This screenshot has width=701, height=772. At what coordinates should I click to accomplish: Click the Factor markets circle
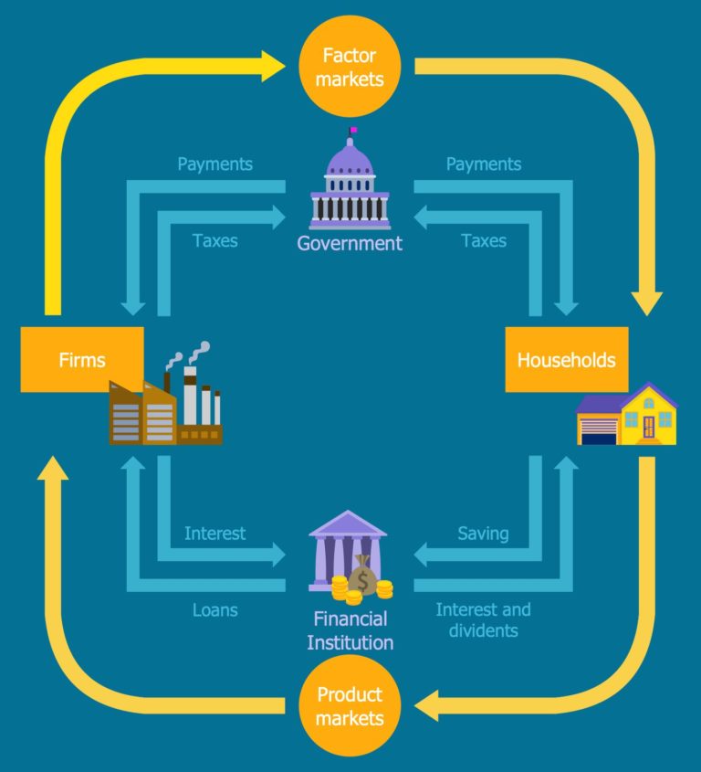350,67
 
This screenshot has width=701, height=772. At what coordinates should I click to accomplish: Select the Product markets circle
350,705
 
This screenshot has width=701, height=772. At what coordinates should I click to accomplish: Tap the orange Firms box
81,359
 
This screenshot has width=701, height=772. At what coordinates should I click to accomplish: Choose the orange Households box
566,359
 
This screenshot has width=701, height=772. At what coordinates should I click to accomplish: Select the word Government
350,243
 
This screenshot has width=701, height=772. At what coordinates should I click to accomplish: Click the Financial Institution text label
350,630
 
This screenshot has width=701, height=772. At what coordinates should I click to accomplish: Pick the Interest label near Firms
214,534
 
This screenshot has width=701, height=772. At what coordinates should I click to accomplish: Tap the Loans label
215,609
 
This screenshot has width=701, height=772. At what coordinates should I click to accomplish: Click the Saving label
483,534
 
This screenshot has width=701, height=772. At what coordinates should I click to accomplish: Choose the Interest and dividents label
483,619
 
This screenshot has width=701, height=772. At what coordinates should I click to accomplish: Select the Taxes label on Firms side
215,241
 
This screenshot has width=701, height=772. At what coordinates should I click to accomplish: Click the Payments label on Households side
483,164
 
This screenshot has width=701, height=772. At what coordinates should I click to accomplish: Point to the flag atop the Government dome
353,131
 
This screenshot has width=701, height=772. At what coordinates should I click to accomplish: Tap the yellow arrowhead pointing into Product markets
426,705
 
